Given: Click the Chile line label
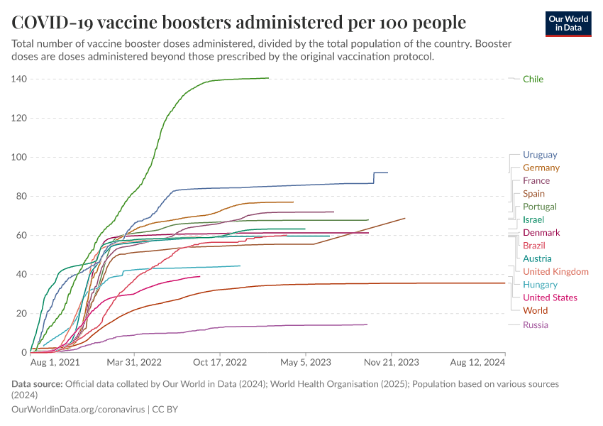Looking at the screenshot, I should [533, 79].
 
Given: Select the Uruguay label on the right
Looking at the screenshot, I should [540, 155].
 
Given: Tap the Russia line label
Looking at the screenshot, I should [536, 324].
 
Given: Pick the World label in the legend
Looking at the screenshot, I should [535, 310].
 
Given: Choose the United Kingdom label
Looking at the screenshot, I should [555, 272].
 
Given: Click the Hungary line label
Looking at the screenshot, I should [540, 285].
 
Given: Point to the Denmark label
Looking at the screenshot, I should [541, 233].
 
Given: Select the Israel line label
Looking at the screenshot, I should [533, 220].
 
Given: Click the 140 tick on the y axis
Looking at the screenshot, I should [18, 79].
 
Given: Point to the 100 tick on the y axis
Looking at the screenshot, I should [18, 157].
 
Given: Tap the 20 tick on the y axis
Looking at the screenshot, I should [21, 313].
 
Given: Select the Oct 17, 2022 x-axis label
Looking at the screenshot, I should [221, 363].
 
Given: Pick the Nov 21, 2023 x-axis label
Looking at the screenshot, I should [391, 363].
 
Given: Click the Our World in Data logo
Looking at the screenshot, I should [569, 23].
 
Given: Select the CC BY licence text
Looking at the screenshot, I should [168, 410].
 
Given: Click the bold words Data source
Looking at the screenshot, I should [37, 384].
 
